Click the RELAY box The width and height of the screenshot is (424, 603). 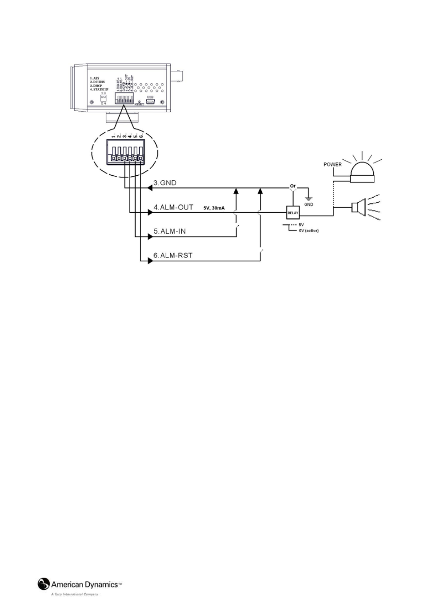click(293, 213)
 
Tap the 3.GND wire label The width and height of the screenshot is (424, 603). click(165, 182)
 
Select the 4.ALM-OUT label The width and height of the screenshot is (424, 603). click(173, 207)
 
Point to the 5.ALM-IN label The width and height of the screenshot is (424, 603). click(169, 231)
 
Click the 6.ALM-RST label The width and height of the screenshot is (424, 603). click(173, 256)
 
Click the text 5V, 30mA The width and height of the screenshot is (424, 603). click(214, 208)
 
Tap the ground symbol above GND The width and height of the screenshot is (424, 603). click(308, 198)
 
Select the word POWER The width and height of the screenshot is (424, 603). click(332, 164)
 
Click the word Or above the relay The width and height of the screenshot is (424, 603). click(292, 186)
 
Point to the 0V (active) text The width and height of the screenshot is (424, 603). click(308, 231)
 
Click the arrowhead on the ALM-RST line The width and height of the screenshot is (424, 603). click(150, 261)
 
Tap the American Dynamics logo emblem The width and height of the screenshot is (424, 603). click(44, 583)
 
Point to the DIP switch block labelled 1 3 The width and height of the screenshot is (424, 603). click(104, 97)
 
